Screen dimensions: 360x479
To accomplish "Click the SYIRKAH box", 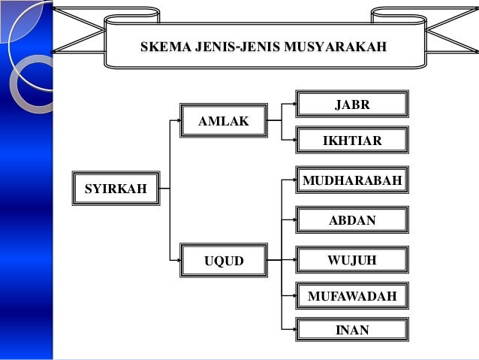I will click(115, 188).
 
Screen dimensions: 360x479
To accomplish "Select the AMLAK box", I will click(223, 121).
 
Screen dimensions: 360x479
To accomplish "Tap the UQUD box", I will click(224, 262).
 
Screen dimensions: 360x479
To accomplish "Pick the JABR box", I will click(351, 104).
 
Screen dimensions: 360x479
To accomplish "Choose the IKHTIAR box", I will click(351, 140).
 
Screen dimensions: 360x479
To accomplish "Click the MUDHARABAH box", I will click(351, 180).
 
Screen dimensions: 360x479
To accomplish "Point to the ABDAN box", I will click(351, 220).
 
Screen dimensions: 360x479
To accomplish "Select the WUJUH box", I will click(351, 260).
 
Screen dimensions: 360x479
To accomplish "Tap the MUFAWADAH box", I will click(351, 296).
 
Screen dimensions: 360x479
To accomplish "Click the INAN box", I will click(351, 330).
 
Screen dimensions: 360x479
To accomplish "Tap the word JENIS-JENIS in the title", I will click(238, 49).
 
